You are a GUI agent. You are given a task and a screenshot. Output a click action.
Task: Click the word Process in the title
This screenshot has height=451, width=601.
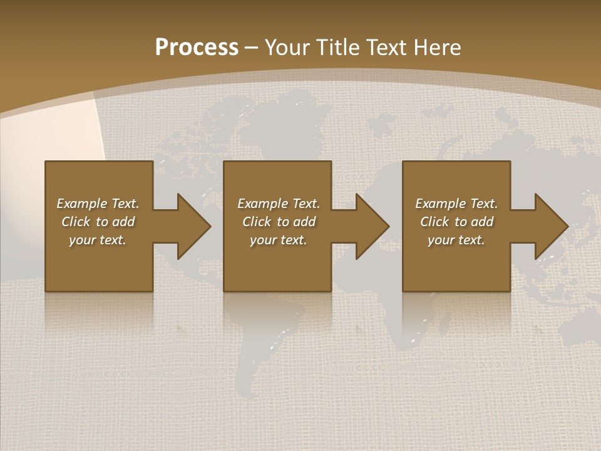(x=197, y=48)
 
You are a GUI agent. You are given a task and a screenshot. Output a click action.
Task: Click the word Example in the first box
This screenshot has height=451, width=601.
(x=81, y=204)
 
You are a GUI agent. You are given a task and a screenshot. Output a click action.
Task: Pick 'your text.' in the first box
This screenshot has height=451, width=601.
(x=98, y=240)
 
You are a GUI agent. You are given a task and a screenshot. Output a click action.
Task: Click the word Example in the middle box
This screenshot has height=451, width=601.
(x=262, y=204)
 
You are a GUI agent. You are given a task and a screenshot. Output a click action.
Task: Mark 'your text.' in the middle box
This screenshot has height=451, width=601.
(x=278, y=240)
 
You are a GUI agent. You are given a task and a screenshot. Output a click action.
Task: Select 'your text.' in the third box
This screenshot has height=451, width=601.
(x=456, y=240)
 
